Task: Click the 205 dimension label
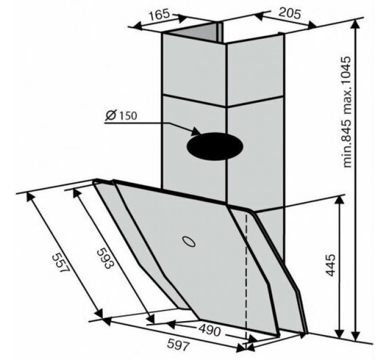[x=289, y=13]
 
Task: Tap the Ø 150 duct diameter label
[x=121, y=115]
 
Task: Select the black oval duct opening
[x=215, y=146]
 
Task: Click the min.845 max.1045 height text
[x=345, y=112]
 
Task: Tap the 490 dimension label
[x=209, y=330]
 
